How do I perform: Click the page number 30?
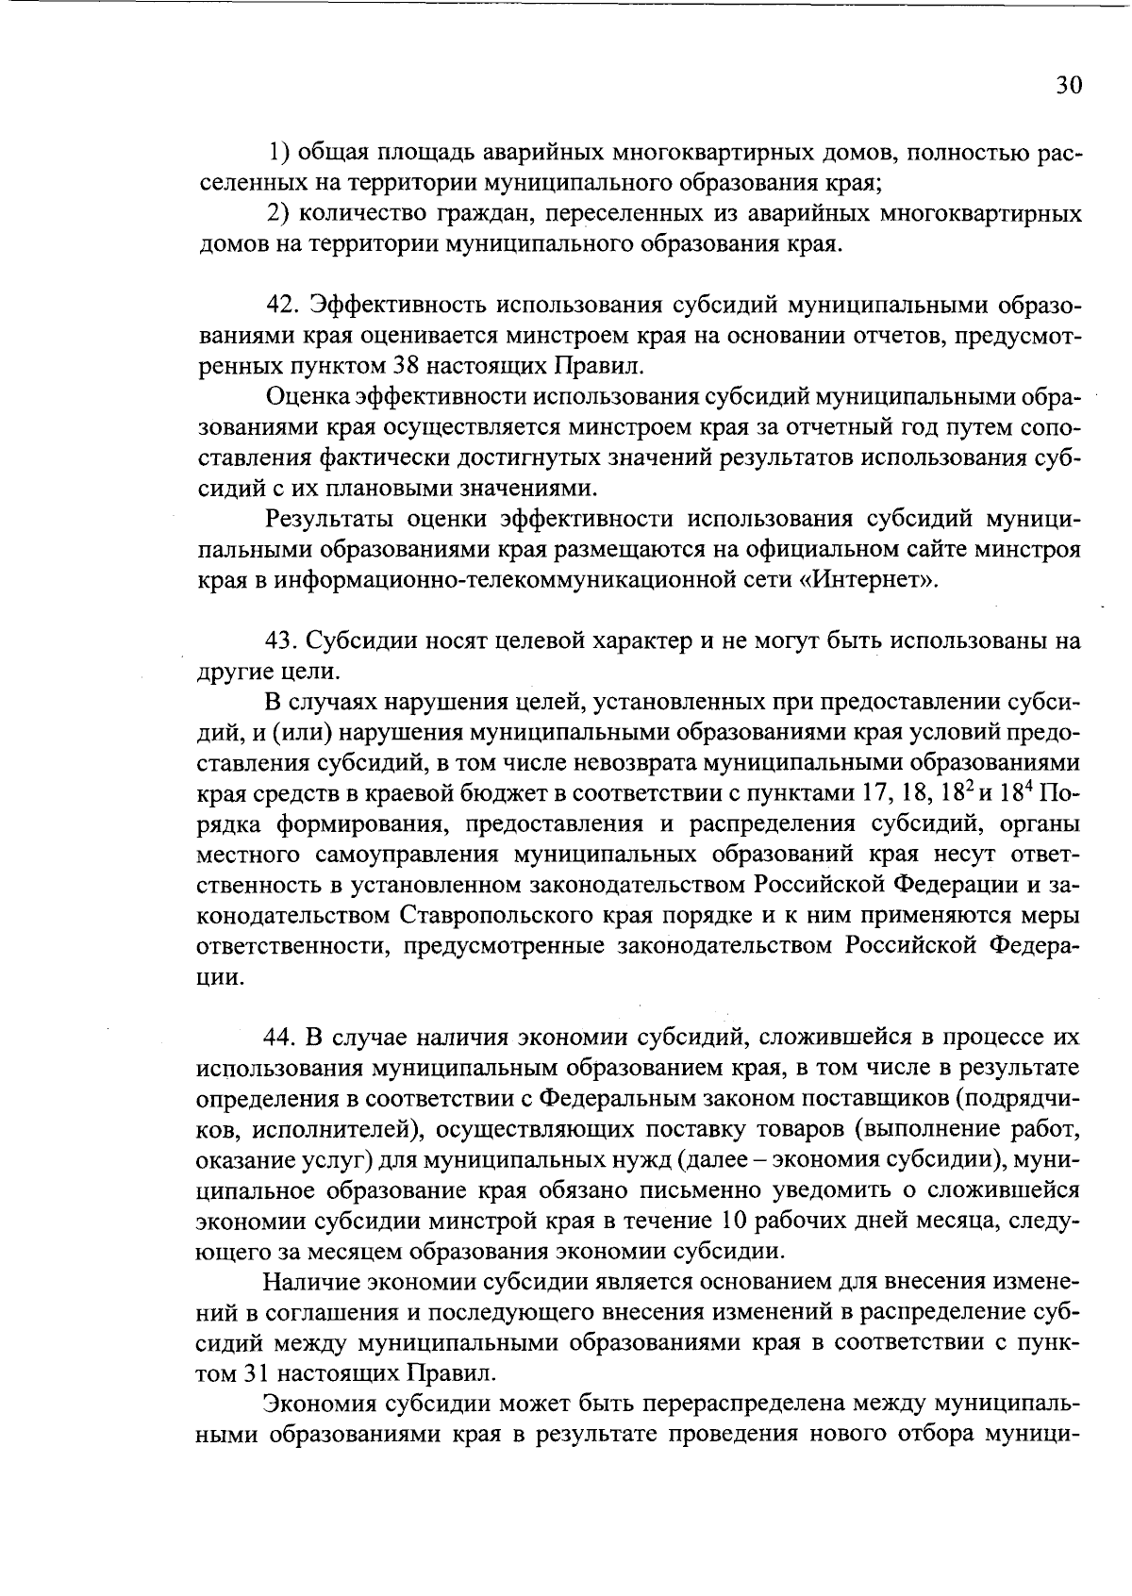[1068, 85]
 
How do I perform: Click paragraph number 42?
[281, 306]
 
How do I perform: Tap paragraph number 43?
[280, 641]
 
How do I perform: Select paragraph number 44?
[280, 1038]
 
